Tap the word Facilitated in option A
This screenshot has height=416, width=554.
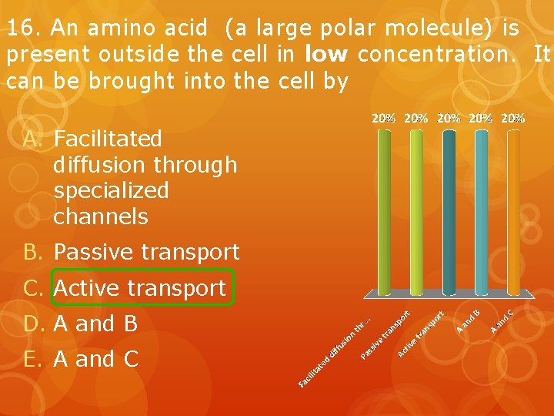[108, 139]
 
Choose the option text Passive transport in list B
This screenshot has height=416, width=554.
[146, 252]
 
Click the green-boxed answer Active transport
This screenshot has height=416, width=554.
[140, 288]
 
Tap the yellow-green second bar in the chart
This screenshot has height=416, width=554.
[415, 208]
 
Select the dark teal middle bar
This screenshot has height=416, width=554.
[449, 208]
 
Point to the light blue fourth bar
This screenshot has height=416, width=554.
[481, 208]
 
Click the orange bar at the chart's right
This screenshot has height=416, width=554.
[513, 208]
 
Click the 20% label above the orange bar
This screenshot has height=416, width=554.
[512, 119]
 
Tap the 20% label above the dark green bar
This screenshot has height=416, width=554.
[384, 119]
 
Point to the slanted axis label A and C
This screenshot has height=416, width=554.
[502, 320]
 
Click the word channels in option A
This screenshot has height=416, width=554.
[101, 216]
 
